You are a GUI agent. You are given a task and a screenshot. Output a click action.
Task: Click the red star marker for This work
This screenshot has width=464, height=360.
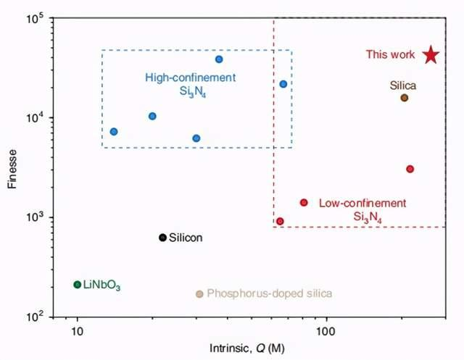click(x=431, y=55)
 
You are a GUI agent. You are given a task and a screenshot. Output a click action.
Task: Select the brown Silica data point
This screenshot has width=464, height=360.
click(x=405, y=98)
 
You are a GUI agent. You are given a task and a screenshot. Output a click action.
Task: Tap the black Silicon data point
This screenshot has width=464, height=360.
click(x=162, y=238)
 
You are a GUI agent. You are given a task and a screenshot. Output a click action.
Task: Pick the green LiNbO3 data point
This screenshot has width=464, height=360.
click(x=78, y=285)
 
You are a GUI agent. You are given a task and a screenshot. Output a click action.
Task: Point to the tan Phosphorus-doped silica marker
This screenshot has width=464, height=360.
click(x=199, y=293)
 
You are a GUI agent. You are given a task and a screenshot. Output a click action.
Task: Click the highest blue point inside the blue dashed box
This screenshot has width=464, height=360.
click(x=219, y=59)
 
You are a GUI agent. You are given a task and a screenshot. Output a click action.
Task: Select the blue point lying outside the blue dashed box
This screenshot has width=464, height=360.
click(x=283, y=84)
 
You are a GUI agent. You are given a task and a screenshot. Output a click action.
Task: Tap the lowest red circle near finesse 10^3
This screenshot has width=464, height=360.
click(x=280, y=221)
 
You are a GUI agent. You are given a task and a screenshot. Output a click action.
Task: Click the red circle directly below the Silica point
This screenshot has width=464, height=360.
click(x=410, y=169)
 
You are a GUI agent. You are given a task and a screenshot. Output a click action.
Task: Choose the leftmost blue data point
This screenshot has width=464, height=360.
click(x=114, y=132)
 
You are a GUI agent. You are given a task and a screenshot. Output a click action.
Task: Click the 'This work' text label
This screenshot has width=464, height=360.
click(x=390, y=54)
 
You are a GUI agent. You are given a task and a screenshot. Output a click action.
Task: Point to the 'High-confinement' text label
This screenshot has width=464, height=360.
click(x=191, y=78)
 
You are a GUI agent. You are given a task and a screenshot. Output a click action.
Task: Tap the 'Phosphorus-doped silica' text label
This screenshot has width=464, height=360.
click(x=269, y=293)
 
